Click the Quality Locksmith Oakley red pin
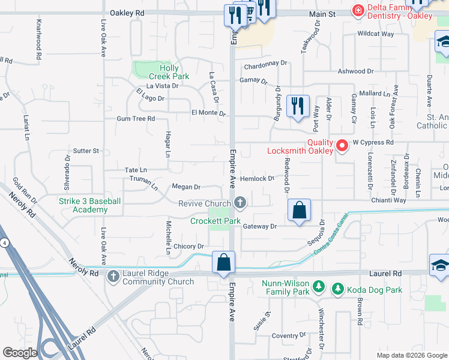point(342,145)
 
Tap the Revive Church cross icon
point(240,203)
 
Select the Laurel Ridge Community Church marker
point(113,276)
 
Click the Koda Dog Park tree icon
point(338,290)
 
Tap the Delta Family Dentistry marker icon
point(358,10)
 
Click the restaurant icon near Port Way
point(298,106)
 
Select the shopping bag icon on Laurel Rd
point(223,263)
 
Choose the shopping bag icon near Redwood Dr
point(299,211)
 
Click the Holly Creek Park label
point(170,72)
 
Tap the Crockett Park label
point(215,221)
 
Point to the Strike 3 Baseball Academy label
point(90,205)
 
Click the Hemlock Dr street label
point(257,178)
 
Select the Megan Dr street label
point(186,187)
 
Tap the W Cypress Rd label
point(372,143)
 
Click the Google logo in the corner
point(19,352)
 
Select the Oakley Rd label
point(127,12)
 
